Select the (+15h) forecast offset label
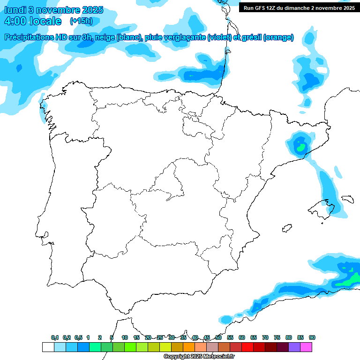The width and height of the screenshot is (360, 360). [81, 21]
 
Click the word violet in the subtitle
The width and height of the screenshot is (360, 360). [219, 37]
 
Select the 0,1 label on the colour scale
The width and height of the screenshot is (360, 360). [55, 338]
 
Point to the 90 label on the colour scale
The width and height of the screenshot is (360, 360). [312, 338]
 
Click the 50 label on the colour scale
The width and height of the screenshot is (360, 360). [218, 338]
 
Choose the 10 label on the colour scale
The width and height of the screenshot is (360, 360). [125, 338]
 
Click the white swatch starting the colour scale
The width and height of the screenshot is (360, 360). [48, 347]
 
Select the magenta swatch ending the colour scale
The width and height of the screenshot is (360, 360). [306, 347]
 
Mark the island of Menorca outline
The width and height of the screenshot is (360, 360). [347, 199]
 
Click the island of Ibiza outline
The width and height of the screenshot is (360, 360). [285, 229]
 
